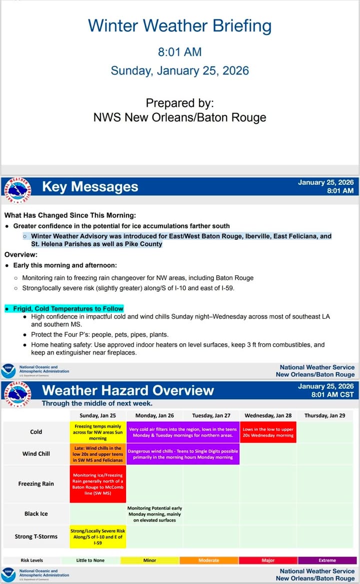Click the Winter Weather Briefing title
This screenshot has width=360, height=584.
[x=180, y=26]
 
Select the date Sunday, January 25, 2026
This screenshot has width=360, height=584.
[x=180, y=70]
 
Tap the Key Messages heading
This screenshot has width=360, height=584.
[x=90, y=187]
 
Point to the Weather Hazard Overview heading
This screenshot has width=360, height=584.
[x=128, y=390]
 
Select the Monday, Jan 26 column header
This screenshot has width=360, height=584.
[x=154, y=416]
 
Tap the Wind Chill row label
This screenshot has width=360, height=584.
[x=36, y=454]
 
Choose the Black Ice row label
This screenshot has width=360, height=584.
[x=36, y=514]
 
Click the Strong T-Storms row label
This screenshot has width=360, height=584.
[x=36, y=537]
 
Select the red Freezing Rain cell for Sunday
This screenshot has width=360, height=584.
[x=97, y=484]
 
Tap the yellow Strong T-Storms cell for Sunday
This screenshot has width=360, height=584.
[x=97, y=537]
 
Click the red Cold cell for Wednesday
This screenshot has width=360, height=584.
[x=268, y=432]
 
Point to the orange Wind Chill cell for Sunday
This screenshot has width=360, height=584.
[x=97, y=454]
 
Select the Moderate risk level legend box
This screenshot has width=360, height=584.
[x=208, y=560]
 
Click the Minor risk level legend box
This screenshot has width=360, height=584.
[x=149, y=560]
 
